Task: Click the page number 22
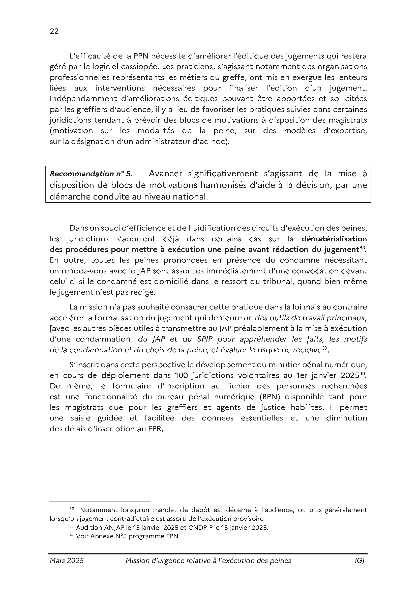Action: coord(54,31)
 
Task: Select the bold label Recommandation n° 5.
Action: coord(91,174)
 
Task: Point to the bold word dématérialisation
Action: coord(334,239)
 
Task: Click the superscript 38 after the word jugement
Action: coord(362,248)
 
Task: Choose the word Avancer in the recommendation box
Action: coord(165,174)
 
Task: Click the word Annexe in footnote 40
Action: coord(103,536)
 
